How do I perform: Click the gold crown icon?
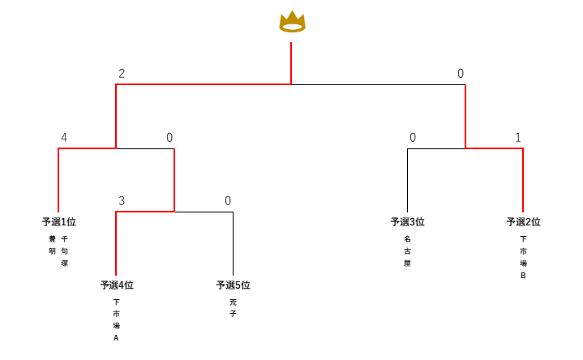tap(292, 21)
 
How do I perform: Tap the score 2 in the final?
tap(122, 74)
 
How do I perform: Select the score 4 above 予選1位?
tap(64, 138)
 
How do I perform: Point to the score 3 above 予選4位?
tap(122, 200)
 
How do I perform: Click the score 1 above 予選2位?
tap(518, 138)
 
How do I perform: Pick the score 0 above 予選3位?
tap(413, 138)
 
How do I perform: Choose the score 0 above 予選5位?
tap(228, 200)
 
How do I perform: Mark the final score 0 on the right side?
tap(461, 74)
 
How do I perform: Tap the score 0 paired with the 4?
tap(169, 138)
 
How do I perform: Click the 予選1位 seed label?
tap(58, 222)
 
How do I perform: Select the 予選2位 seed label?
tap(523, 222)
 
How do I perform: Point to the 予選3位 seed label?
tap(407, 222)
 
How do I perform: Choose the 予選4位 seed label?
tap(117, 285)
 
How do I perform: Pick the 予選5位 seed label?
tap(233, 285)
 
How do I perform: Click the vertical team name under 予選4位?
tap(116, 319)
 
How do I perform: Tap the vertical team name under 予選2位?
tap(523, 257)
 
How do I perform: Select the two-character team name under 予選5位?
tap(233, 308)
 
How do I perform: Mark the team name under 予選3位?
tap(407, 251)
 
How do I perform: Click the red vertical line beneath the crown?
tap(291, 63)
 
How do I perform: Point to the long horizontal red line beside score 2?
tap(203, 84)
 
